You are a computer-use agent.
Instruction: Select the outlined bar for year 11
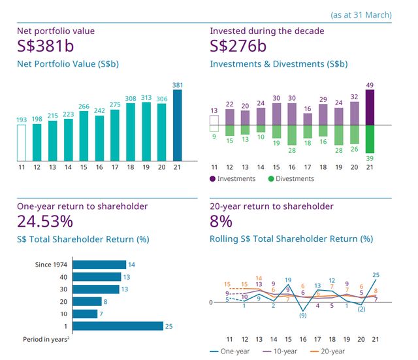click(x=22, y=142)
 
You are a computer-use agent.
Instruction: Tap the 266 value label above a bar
click(x=84, y=106)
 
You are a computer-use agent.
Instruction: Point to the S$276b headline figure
click(x=240, y=46)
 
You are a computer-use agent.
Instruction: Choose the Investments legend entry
click(x=234, y=179)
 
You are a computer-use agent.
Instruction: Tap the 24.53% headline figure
click(x=45, y=221)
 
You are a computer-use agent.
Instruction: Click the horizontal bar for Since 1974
click(x=99, y=265)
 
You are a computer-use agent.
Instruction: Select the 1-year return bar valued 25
click(x=118, y=326)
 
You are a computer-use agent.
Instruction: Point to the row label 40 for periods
click(x=63, y=277)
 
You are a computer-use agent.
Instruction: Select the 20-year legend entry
click(x=331, y=351)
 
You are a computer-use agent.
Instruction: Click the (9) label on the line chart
click(x=302, y=316)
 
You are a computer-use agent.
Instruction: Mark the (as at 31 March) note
click(x=361, y=14)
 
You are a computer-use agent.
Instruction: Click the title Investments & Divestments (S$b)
click(x=279, y=64)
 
